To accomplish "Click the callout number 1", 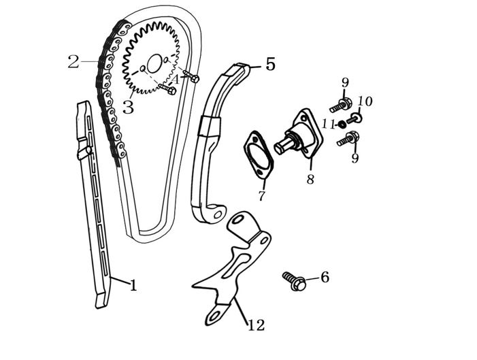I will coord(133,286).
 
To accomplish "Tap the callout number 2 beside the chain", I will coord(73,62).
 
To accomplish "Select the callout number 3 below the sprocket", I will coord(128,108).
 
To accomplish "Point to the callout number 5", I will coord(270,65).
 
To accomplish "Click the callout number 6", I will coord(325,277).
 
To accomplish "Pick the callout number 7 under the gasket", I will coord(261,197).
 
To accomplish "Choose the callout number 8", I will coord(310,180).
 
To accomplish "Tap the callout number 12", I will coord(256,325).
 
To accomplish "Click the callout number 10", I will coord(365,102).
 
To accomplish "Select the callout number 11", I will coord(327,125).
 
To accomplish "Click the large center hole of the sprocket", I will coord(154,64).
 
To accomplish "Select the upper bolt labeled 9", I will coord(341,105).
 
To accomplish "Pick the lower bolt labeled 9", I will coord(348,140).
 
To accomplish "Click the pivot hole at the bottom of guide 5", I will coord(218,215).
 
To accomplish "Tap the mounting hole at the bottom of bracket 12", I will coord(212,317).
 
